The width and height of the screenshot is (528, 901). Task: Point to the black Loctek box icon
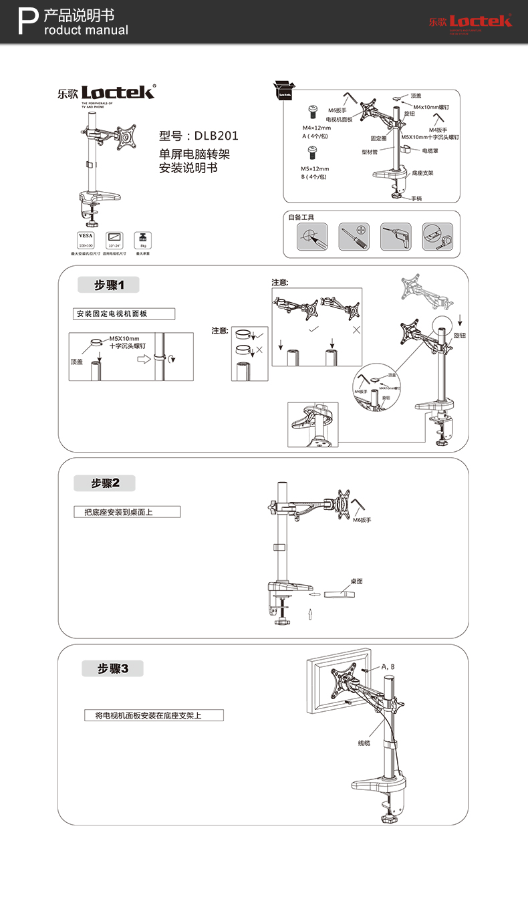click(x=285, y=92)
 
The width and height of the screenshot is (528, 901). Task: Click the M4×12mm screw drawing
click(x=311, y=111)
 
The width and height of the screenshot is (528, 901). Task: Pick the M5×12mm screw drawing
click(x=311, y=151)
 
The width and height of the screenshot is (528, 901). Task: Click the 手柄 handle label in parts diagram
click(x=416, y=199)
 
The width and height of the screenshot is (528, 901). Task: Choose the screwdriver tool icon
click(x=354, y=237)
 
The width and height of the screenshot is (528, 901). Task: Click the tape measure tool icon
click(x=437, y=237)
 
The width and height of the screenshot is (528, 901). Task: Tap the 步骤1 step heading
click(x=109, y=285)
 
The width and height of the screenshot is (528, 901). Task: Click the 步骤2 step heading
click(x=105, y=483)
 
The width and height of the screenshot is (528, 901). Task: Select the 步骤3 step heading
click(x=112, y=668)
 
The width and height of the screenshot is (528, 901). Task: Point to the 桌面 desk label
click(x=356, y=582)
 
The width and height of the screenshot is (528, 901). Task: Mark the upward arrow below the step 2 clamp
click(x=310, y=614)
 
